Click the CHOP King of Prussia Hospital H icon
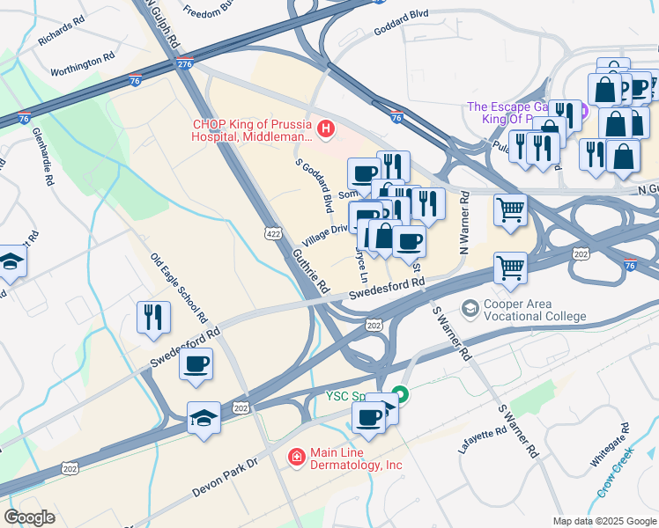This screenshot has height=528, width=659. pos(326,131)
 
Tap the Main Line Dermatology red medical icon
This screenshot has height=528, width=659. pos(297,457)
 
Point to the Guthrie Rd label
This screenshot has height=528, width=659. pos(311,273)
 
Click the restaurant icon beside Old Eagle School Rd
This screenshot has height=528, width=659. pos(153,318)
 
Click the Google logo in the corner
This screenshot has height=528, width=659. pos(30,517)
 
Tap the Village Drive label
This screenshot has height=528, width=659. pos(325,235)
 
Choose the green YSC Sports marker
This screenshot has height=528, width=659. pos(400,394)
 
